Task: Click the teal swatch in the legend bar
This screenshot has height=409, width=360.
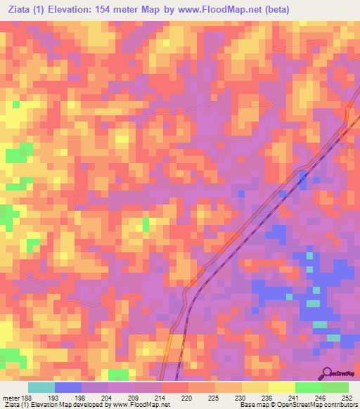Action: pyautogui.click(x=41, y=387)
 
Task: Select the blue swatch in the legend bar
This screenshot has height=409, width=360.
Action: pyautogui.click(x=67, y=387)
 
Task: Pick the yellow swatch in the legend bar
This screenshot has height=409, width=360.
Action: pyautogui.click(x=281, y=387)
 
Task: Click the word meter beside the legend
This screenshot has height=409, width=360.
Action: pyautogui.click(x=11, y=397)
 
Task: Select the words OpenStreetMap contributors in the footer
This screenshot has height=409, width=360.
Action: pyautogui.click(x=323, y=405)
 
